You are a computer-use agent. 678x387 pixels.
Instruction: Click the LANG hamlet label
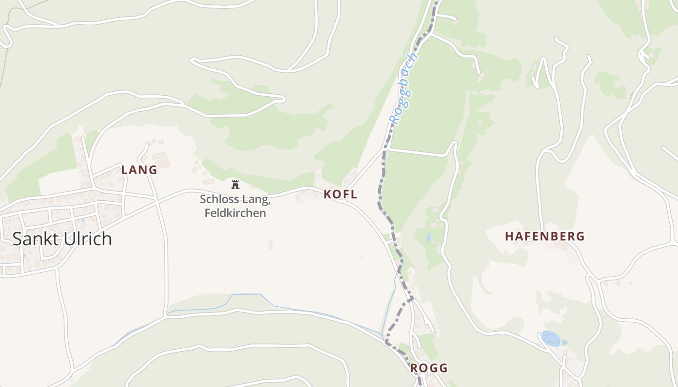pos(139,170)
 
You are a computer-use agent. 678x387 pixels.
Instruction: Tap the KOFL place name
pos(340,194)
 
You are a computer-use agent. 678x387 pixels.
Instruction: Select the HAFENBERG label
pos(545,237)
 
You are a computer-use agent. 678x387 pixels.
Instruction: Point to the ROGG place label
pos(429,368)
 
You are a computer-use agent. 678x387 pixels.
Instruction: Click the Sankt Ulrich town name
pos(62,239)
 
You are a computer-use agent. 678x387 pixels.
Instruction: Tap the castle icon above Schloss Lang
pos(235,184)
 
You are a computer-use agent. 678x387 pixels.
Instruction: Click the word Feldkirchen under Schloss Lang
pos(235,213)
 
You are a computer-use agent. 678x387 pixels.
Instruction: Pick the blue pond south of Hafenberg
pos(550,338)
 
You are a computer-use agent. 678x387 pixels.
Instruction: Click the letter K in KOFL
pos(327,194)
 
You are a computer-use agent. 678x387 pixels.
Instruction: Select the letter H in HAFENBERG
pos(509,237)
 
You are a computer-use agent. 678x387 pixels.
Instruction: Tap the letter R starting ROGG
pos(414,368)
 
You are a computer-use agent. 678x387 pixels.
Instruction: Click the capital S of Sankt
pos(17,239)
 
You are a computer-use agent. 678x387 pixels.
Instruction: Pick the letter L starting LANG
pos(124,170)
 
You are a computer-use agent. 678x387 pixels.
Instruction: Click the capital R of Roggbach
pos(395,119)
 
